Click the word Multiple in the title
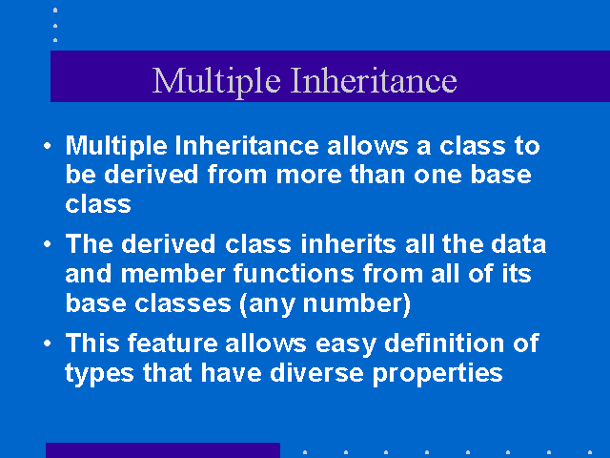coord(216,82)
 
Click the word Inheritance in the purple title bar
coord(374,80)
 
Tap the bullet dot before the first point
coord(48,146)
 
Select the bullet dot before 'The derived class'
coord(48,244)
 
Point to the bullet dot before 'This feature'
coord(48,343)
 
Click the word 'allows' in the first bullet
coord(368,146)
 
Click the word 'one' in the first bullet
coord(437,176)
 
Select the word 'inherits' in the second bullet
coord(348,244)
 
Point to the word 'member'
coord(173,274)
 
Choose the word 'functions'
coord(294,274)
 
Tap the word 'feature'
coord(173,343)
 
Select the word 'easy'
coord(346,345)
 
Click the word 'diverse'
coord(316,373)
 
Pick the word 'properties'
coord(437,375)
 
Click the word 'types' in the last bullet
coord(99,375)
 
